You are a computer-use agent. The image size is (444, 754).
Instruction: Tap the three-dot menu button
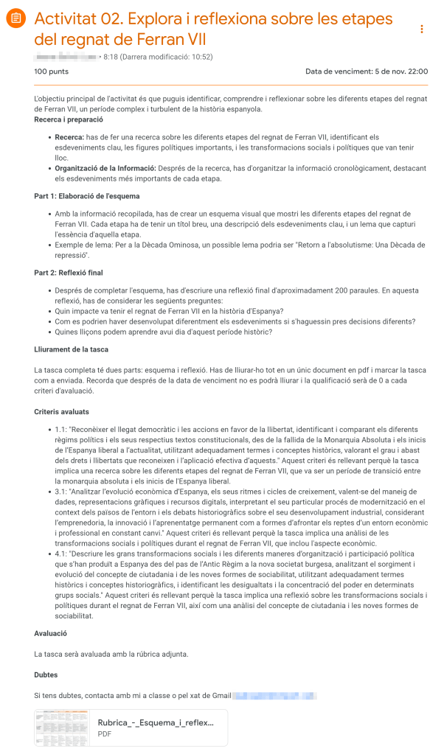[422, 29]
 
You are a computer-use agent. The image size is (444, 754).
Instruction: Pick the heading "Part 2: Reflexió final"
[69, 273]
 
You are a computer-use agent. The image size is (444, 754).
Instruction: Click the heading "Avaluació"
[51, 633]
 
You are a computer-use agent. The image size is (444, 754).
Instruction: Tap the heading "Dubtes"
[46, 674]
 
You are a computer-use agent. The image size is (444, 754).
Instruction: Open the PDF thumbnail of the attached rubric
[62, 728]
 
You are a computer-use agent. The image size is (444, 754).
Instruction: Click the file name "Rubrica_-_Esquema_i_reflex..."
[156, 722]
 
